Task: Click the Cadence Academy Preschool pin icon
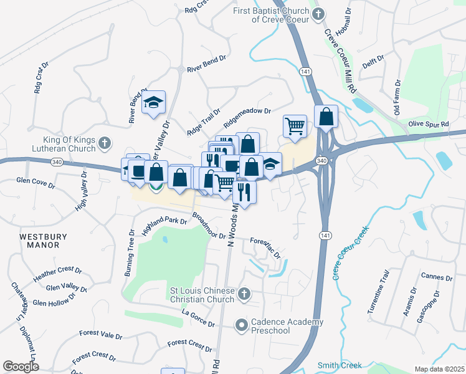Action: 241,325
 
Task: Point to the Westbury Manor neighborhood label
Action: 47,241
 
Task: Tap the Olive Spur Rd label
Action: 428,125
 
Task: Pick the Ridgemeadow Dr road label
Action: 248,112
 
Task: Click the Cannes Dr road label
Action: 436,277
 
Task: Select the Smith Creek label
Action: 340,365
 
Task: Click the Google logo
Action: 21,367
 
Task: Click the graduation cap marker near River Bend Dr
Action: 153,103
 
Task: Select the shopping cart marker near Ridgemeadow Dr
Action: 295,125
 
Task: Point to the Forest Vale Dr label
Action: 100,335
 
